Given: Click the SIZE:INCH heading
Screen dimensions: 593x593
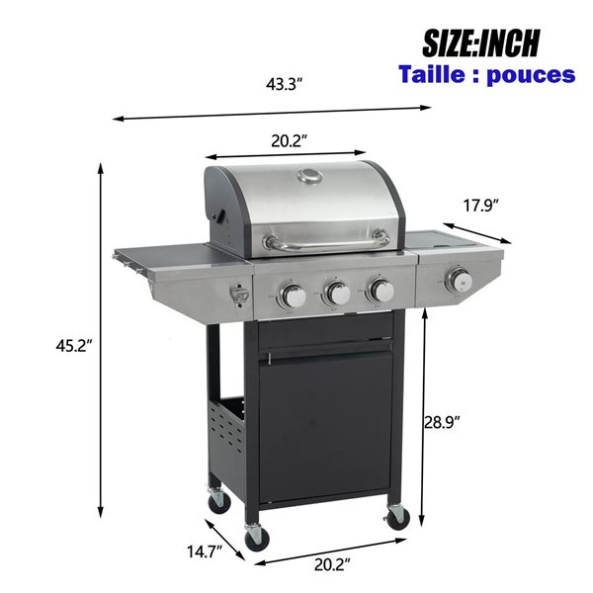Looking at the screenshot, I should click(x=481, y=42).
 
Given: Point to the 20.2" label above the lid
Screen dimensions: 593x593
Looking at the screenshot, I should click(x=287, y=141).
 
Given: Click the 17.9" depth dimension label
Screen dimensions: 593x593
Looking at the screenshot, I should click(x=481, y=206).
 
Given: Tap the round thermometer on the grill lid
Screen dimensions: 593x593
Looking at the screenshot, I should click(x=310, y=177).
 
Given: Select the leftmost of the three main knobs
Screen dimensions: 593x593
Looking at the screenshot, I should click(x=294, y=294).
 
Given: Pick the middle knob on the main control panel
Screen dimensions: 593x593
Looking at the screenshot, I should click(x=337, y=292).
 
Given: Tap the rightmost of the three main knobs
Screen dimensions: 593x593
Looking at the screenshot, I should click(x=381, y=290).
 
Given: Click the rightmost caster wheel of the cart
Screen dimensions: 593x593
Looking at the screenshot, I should click(x=397, y=516).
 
